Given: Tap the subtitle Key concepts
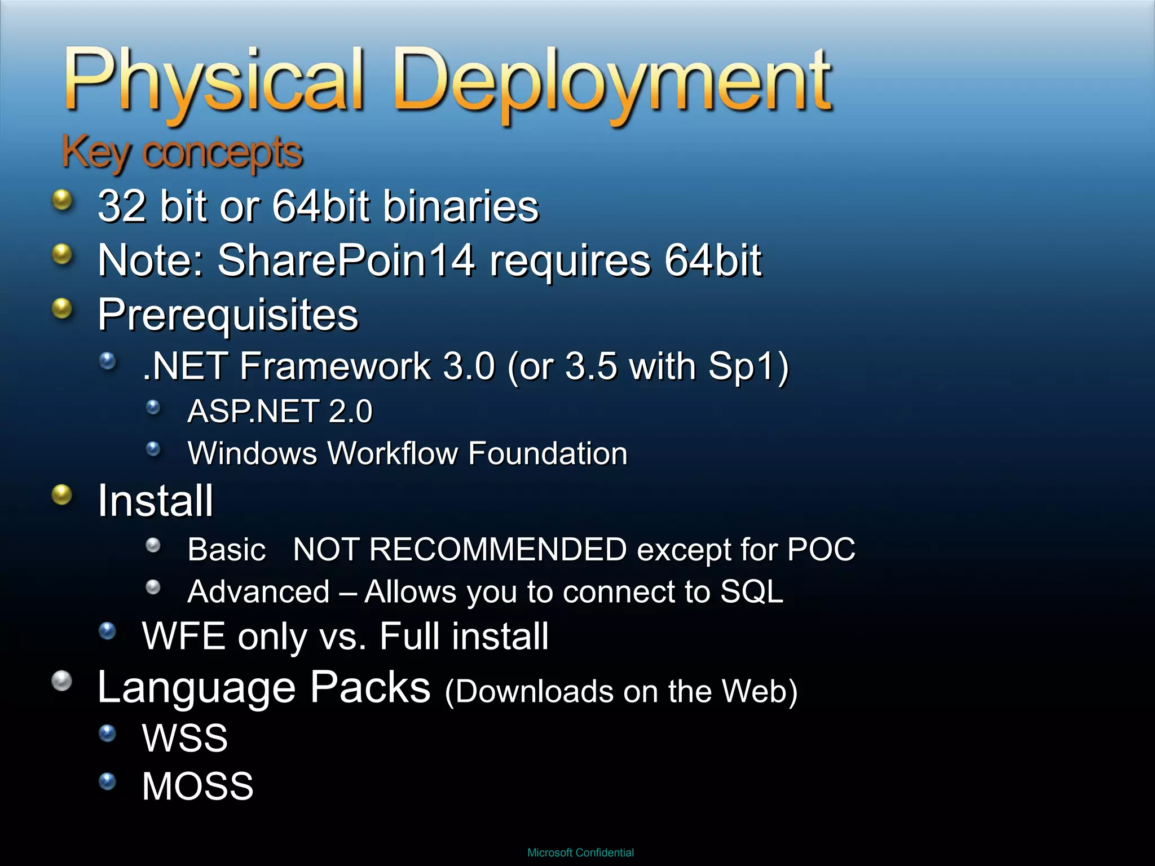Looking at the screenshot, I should point(182,153).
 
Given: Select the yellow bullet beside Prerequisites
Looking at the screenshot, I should point(62,308).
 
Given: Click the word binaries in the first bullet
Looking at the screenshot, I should point(461,206).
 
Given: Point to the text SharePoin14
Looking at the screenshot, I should point(346,260).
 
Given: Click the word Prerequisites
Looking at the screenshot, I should point(228,315).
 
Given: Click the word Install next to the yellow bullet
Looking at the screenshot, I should point(155,501).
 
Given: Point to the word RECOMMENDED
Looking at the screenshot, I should point(497,549).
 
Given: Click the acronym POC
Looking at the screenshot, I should point(821,549).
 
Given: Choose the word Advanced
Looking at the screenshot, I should point(258,592).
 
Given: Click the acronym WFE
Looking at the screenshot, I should point(184,636).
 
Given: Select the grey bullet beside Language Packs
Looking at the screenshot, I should point(62,681).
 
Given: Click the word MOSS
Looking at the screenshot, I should point(197,786).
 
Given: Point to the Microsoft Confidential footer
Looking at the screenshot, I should point(580,852).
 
